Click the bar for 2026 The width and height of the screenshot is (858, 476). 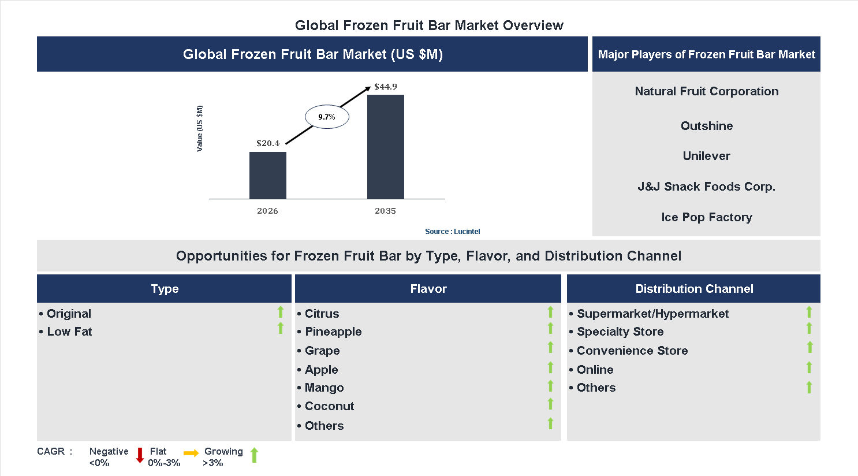268,176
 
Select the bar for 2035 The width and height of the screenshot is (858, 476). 386,147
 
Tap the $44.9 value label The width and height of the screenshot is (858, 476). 386,87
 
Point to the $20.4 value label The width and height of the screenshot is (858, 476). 268,143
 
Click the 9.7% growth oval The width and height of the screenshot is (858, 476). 327,117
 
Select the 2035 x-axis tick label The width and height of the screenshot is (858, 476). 386,211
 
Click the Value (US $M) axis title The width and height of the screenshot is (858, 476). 200,129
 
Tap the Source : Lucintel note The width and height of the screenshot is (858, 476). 452,232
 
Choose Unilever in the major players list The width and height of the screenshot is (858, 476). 706,156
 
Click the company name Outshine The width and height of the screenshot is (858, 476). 706,126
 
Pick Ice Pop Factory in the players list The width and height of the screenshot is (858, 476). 706,217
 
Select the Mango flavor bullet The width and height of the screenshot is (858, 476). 324,388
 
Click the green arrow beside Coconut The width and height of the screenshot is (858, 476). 550,404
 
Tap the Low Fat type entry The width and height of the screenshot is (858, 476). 69,332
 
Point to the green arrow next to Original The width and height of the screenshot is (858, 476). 281,312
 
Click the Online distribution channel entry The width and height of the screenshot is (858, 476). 595,370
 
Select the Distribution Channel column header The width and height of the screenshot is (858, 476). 693,289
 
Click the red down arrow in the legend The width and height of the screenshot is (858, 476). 140,455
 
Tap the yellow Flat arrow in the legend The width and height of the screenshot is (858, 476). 191,453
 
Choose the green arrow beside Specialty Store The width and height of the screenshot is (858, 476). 809,329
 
